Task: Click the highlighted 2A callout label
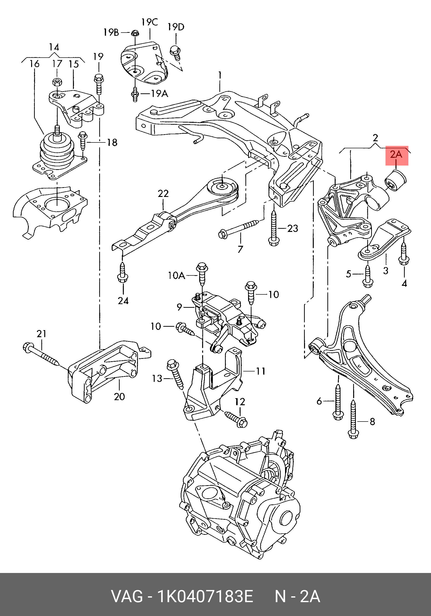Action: pos(397,155)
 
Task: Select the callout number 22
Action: pos(163,194)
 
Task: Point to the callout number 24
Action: pos(123,301)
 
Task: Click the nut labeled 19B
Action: pos(135,33)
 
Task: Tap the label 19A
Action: pos(159,94)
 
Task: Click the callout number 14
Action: pos(54,47)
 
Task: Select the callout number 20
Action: pos(119,396)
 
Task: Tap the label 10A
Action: pos(176,275)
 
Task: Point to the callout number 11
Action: pos(260,371)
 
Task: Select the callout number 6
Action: pos(319,401)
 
